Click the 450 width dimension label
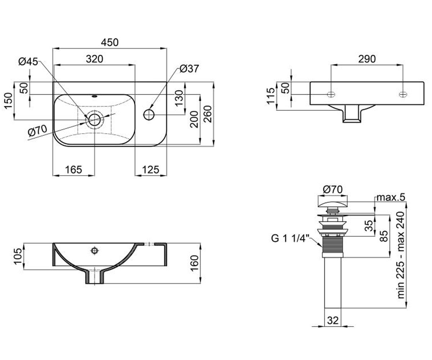(110, 42)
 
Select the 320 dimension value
(95, 59)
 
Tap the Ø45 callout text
(28, 62)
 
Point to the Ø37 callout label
(189, 69)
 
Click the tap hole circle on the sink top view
(149, 114)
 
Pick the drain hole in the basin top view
(95, 120)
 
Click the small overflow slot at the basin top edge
(95, 96)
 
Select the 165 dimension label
(74, 170)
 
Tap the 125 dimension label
(150, 170)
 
